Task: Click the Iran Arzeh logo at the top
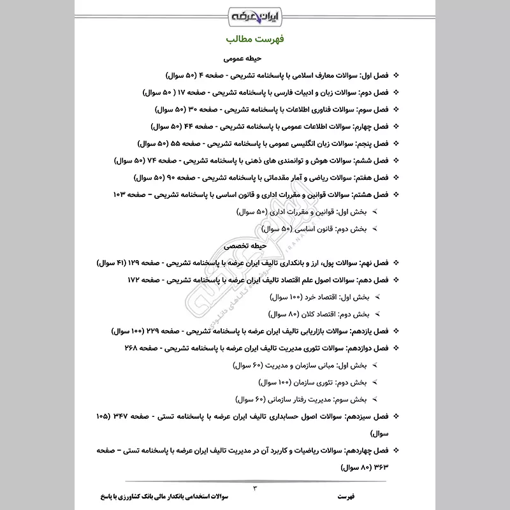coord(255,14)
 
